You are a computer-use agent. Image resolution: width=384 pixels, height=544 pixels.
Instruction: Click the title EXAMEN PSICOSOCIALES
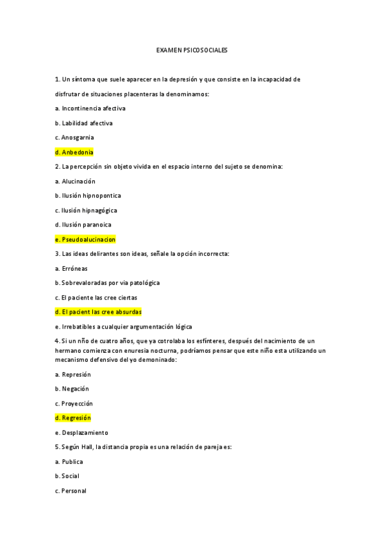(192, 49)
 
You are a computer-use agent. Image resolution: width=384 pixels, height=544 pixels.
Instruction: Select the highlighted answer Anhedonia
(74, 153)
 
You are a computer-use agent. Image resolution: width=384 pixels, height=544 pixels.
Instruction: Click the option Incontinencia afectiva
(90, 108)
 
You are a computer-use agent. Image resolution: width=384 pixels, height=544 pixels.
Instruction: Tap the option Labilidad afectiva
(84, 123)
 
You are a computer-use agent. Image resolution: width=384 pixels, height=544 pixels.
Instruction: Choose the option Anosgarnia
(74, 138)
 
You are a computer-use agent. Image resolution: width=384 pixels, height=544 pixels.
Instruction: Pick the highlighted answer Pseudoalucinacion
(85, 239)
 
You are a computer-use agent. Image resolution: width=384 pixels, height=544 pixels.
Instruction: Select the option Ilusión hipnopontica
(88, 196)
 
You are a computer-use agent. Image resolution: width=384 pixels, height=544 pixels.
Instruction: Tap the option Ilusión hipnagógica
(86, 210)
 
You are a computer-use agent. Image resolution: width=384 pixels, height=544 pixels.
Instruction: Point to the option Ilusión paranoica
(83, 225)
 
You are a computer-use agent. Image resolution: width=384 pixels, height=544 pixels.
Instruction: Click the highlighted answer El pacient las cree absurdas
(98, 312)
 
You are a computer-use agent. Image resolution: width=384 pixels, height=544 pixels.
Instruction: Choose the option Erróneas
(72, 268)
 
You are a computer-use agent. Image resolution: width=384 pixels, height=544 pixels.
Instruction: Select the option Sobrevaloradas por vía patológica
(108, 283)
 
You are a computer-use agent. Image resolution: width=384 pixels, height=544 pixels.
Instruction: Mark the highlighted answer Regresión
(73, 418)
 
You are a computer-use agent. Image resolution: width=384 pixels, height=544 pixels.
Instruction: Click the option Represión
(73, 374)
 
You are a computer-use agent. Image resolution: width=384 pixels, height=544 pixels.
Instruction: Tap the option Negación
(72, 389)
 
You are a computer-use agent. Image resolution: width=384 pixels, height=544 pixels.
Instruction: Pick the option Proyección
(74, 404)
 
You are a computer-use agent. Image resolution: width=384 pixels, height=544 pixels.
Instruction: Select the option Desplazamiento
(81, 432)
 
